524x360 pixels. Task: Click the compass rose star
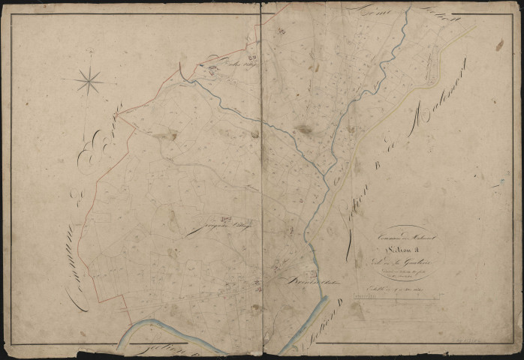tap(89, 79)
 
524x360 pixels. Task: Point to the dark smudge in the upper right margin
tap(499, 45)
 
